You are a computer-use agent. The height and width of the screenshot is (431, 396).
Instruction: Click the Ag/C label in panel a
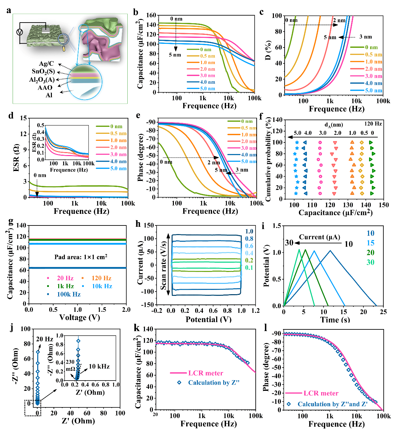pos(46,63)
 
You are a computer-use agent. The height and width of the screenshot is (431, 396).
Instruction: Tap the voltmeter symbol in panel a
pos(20,32)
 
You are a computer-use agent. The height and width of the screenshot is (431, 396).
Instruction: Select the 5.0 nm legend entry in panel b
pos(207,89)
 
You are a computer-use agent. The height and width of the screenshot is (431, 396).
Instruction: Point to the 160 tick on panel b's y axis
pos(151,15)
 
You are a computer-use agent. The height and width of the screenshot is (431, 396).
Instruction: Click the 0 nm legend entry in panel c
pos(371,47)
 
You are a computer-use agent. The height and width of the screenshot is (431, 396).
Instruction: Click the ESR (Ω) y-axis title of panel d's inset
pos(34,142)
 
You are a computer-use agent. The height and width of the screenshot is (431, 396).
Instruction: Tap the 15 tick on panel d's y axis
pos(23,118)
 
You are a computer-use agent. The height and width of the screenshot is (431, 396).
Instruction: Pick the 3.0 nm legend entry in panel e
pos(249,148)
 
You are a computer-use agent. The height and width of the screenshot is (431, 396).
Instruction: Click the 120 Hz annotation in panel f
pos(373,124)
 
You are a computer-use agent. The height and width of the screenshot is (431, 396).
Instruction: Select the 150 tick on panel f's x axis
pos(383,205)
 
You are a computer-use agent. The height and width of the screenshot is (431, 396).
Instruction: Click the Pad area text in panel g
pos(81,257)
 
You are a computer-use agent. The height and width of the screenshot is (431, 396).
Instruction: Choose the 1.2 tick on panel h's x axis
pos(255,311)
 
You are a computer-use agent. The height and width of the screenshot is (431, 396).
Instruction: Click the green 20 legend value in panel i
pos(370,253)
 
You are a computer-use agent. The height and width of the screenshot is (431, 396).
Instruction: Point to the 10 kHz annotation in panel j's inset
pos(99,367)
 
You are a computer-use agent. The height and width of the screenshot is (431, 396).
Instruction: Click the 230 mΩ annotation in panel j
pos(70,365)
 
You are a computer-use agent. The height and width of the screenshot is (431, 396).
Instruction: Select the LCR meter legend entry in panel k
pos(205,373)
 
